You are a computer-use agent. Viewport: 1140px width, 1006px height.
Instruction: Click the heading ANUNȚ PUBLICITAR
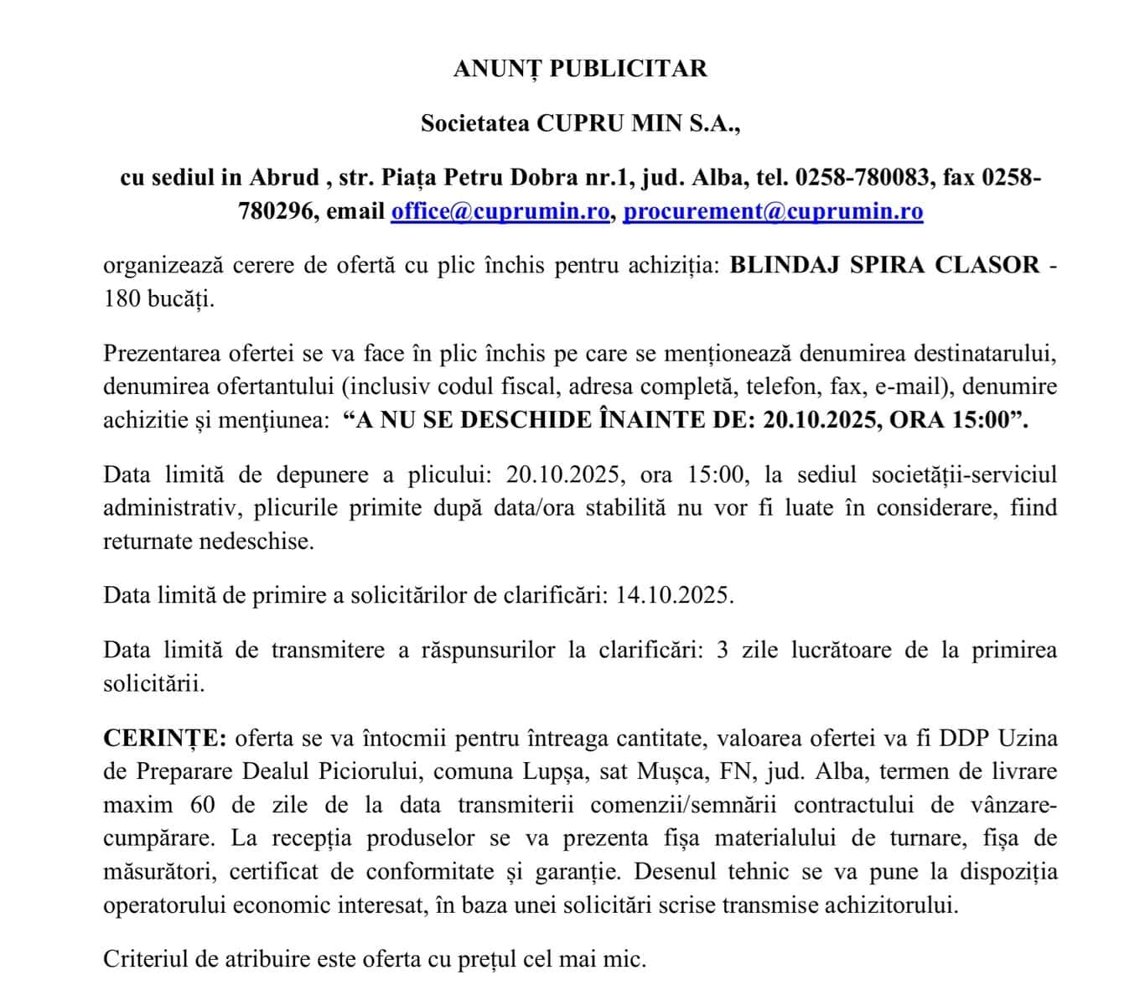click(580, 69)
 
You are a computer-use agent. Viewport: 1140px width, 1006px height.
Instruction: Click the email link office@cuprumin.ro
click(500, 211)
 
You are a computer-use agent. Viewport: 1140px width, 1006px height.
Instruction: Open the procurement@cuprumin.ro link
click(773, 211)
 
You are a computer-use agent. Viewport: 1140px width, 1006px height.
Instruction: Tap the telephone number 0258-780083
click(862, 178)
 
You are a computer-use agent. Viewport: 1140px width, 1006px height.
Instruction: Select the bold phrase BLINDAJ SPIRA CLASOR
click(885, 266)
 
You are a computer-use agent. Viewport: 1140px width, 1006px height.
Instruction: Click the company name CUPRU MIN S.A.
click(639, 123)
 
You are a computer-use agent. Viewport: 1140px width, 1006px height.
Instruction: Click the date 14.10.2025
click(675, 595)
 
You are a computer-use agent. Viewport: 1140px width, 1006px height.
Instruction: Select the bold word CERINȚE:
click(164, 739)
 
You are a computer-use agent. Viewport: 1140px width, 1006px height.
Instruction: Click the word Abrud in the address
click(283, 178)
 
